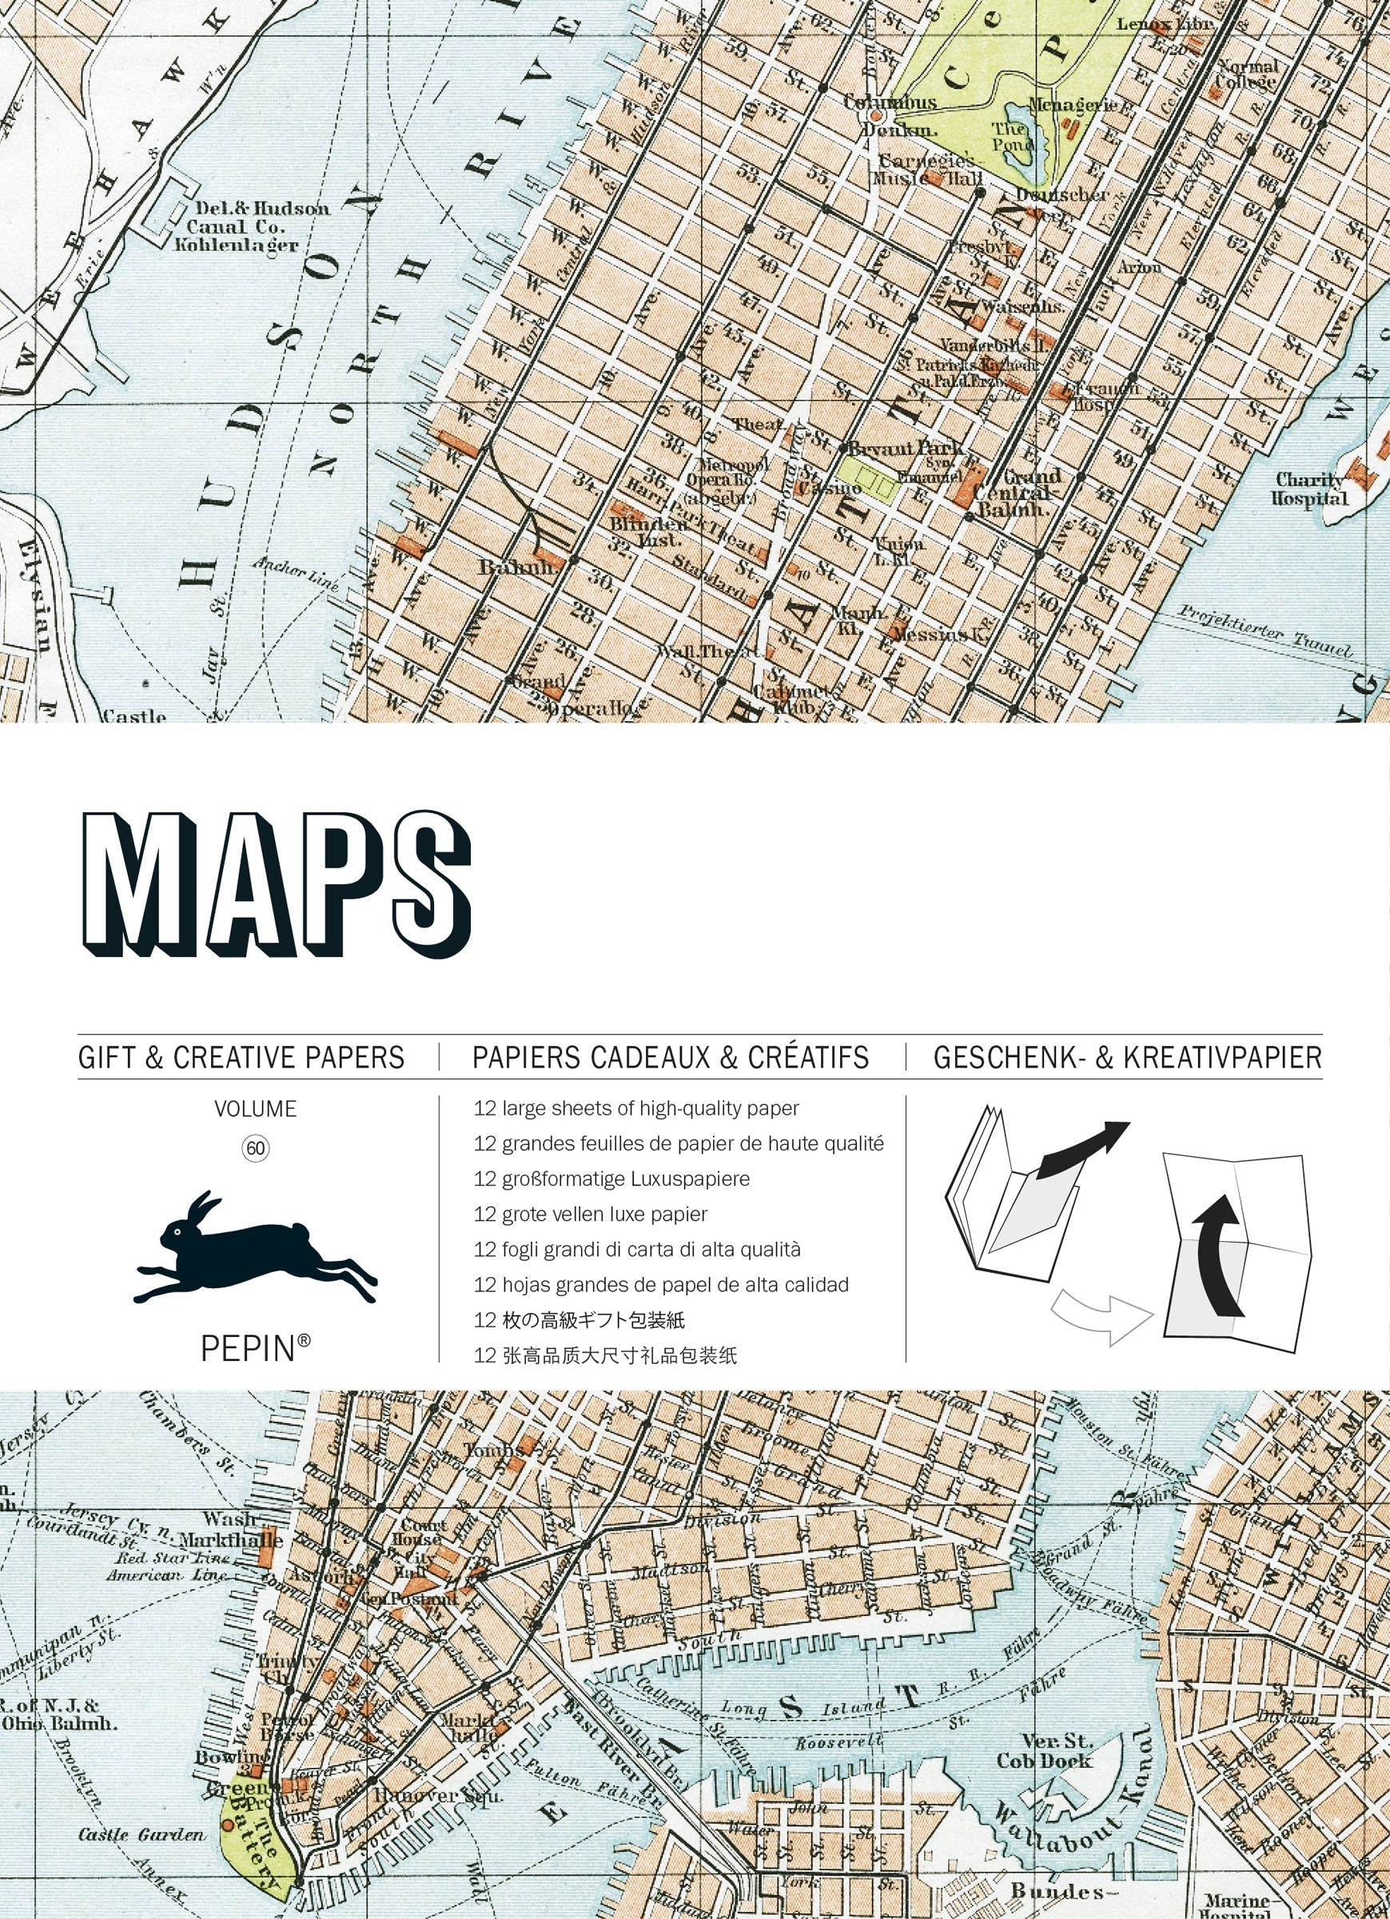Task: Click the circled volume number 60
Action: [x=256, y=1148]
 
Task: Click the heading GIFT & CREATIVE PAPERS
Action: [x=241, y=1058]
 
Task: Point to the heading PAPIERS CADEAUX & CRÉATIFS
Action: [x=671, y=1058]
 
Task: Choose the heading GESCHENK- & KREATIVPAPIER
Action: [x=1127, y=1058]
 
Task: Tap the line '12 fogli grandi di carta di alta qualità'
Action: [x=637, y=1250]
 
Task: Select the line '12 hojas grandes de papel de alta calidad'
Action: [x=661, y=1285]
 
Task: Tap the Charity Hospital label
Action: [x=1308, y=489]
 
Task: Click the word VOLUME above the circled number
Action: [x=256, y=1108]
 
